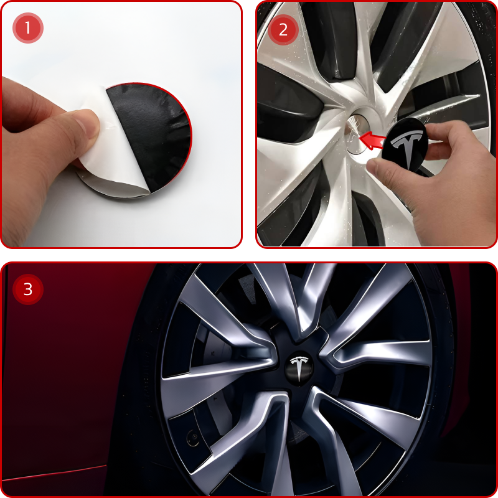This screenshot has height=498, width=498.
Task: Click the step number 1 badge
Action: pyautogui.click(x=28, y=28)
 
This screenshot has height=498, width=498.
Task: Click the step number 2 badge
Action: pyautogui.click(x=283, y=30)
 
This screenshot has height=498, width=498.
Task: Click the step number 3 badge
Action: pyautogui.click(x=28, y=289)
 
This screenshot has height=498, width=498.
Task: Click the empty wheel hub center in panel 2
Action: pyautogui.click(x=355, y=134)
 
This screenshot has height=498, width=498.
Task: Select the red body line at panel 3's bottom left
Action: pyautogui.click(x=54, y=472)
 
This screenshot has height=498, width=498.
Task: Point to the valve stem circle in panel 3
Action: pyautogui.click(x=193, y=438)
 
